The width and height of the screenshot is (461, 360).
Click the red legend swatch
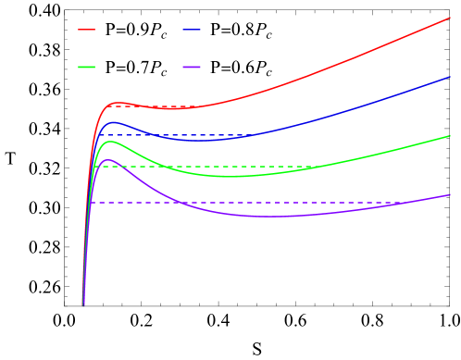point(86,30)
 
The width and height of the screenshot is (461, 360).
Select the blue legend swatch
point(192,30)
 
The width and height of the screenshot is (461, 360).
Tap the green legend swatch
point(86,67)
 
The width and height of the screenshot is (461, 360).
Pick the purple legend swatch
point(192,67)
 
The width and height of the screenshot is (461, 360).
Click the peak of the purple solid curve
point(108,160)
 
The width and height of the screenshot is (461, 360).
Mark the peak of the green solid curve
point(110,141)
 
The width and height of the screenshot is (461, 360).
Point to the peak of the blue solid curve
point(113,121)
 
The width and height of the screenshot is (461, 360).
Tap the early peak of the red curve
point(118,103)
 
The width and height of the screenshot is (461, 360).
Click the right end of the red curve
point(451,18)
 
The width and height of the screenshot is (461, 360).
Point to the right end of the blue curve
point(451,77)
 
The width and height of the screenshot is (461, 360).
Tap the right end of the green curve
point(451,135)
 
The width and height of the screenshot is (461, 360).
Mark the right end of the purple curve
point(451,194)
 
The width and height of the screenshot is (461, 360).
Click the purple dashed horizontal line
point(278,203)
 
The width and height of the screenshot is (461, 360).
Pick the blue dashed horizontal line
point(185,135)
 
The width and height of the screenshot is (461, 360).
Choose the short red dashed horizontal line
point(157,106)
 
